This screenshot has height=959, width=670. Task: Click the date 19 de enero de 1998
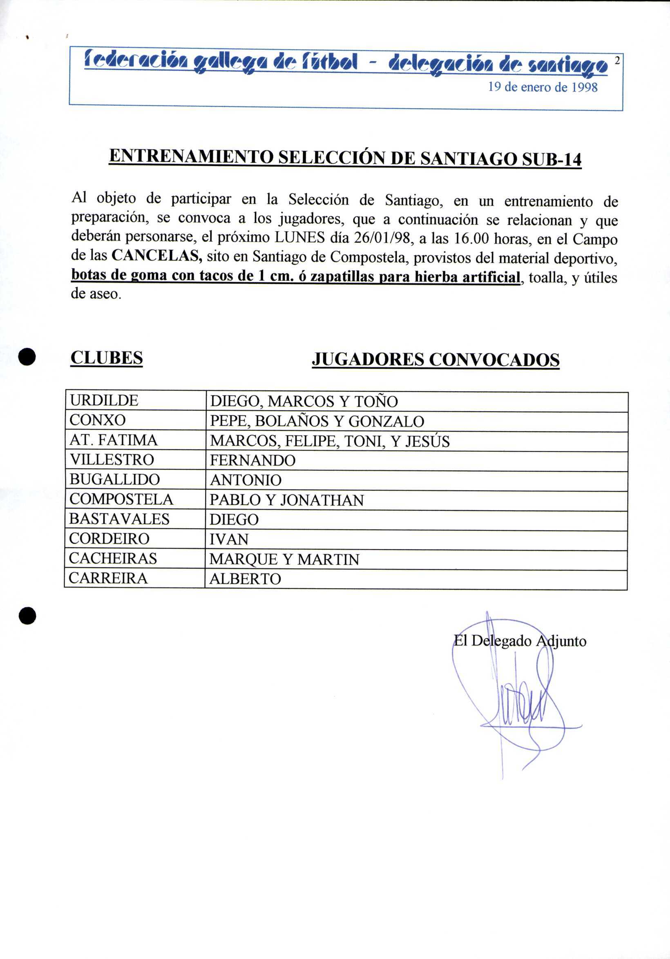(x=543, y=87)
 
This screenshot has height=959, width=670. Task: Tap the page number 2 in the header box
(x=616, y=60)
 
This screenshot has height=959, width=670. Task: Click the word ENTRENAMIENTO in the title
(x=191, y=157)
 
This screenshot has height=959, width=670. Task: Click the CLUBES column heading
(x=107, y=358)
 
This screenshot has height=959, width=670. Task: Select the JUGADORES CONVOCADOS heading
(x=435, y=359)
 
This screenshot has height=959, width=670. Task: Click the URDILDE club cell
(x=104, y=401)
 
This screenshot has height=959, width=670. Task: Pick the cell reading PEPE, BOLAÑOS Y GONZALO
(x=317, y=422)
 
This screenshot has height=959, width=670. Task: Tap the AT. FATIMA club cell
(x=114, y=440)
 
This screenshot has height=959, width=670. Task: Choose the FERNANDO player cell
(x=253, y=461)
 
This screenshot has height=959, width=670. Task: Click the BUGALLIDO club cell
(x=115, y=479)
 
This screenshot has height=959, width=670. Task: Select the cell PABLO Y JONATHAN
(x=286, y=500)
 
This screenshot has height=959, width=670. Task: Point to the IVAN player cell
(x=229, y=540)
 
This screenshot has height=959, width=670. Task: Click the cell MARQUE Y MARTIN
(x=284, y=560)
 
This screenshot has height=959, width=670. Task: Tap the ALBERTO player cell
(x=245, y=579)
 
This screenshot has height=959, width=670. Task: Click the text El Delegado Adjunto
(x=520, y=641)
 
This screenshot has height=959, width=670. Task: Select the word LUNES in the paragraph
(x=299, y=237)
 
